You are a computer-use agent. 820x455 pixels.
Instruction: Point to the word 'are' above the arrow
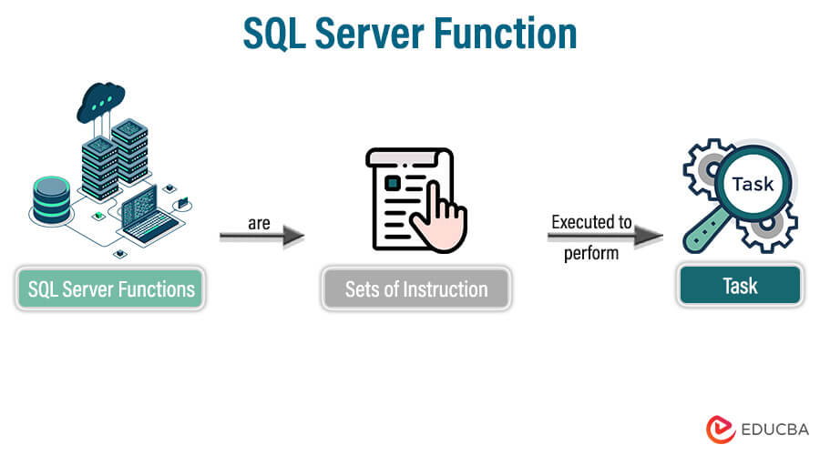tap(259, 222)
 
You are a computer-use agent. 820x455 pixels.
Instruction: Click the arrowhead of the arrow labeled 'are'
tap(293, 238)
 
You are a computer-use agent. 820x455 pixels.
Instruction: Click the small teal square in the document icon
tap(392, 183)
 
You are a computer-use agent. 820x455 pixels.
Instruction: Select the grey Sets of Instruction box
tap(415, 290)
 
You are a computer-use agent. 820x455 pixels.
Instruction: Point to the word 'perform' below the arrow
tap(590, 253)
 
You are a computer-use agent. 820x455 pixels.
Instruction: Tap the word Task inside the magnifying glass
tap(752, 183)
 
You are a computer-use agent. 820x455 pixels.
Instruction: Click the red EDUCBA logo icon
tap(720, 429)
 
